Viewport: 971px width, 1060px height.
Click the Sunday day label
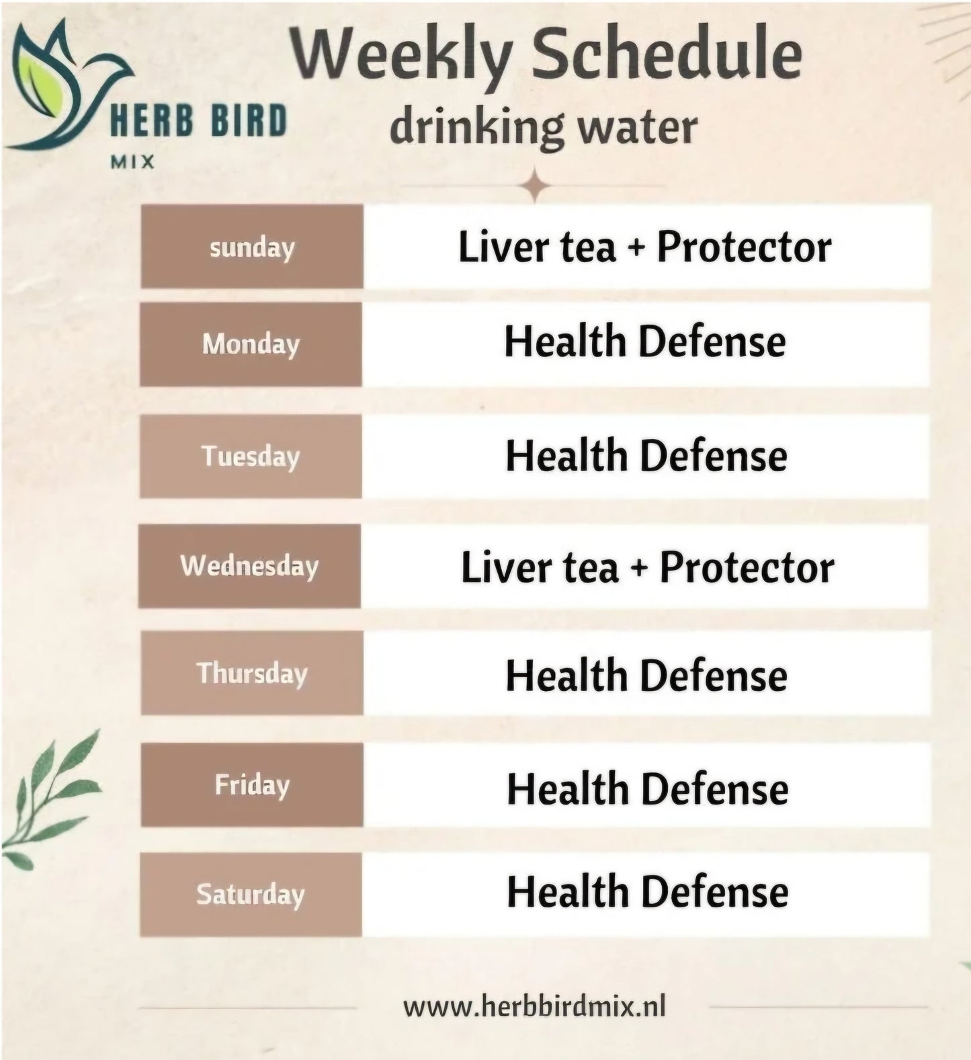(252, 248)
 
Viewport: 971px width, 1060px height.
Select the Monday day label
(251, 344)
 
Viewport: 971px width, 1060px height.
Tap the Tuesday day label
(251, 456)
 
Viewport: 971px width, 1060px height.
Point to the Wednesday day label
(249, 566)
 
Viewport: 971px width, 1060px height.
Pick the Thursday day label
(252, 673)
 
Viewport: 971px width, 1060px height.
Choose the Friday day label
(252, 784)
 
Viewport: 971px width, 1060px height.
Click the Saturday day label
(251, 895)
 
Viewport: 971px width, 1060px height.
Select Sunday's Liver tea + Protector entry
(645, 247)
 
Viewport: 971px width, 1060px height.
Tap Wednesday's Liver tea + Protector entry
(648, 567)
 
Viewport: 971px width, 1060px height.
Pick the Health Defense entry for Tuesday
(646, 456)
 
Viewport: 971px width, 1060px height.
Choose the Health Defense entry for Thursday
(646, 675)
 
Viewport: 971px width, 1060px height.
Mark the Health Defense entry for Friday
(648, 788)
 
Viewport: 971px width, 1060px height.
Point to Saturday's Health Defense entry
(648, 892)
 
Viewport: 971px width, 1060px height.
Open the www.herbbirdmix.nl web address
(534, 1006)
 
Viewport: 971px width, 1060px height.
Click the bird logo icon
(70, 84)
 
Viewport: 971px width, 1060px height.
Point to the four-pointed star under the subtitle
(535, 186)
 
